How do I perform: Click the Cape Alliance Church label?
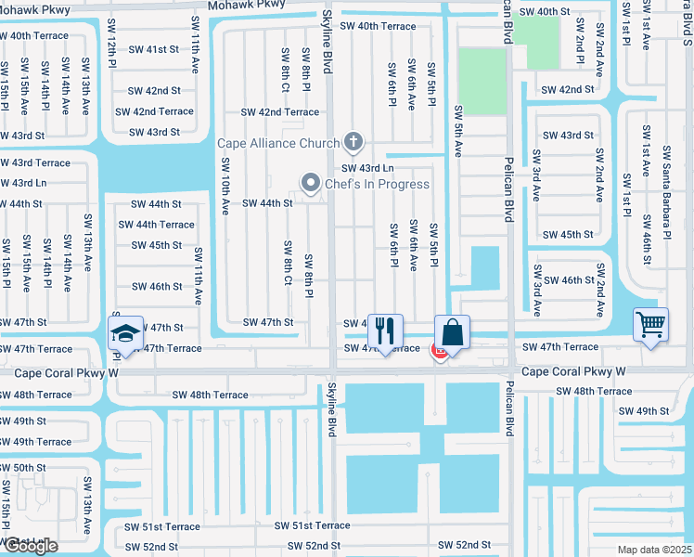[x=278, y=143]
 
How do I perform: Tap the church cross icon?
[x=352, y=143]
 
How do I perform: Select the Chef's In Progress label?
[x=376, y=184]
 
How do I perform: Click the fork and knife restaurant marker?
[x=385, y=330]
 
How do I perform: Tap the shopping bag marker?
[x=452, y=331]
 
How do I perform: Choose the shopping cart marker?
[x=650, y=325]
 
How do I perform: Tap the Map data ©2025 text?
[x=654, y=550]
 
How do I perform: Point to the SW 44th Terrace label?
[x=156, y=225]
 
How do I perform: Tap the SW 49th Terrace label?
[x=35, y=442]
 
